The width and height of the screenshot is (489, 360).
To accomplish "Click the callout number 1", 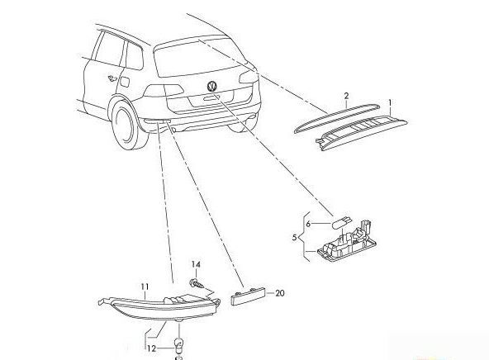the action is [x=390, y=103].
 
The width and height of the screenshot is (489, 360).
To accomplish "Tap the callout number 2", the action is [x=346, y=96].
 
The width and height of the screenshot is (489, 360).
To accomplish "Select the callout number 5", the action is [x=295, y=238].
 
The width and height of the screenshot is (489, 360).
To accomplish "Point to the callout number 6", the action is [x=308, y=224].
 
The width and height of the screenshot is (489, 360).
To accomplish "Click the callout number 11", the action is [x=145, y=287].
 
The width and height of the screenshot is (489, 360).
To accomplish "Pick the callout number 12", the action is [x=151, y=348].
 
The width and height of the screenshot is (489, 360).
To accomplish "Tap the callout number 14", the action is [x=196, y=264].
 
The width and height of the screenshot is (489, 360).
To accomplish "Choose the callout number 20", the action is [x=280, y=293].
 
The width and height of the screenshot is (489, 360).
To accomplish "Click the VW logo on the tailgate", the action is [x=212, y=86].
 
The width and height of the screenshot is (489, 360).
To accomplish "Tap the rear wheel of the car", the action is [x=128, y=126].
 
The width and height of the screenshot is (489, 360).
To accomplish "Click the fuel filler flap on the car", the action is [x=125, y=82].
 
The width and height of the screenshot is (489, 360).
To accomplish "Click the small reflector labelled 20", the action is [x=249, y=296].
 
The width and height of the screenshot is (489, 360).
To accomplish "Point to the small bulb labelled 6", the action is [x=341, y=223].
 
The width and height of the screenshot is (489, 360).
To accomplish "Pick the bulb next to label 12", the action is [x=178, y=345].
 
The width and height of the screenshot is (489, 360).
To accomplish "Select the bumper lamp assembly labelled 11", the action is [x=159, y=307].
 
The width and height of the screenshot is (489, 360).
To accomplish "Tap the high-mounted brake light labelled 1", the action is [x=362, y=132].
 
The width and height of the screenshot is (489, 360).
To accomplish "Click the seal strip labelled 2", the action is [x=337, y=118].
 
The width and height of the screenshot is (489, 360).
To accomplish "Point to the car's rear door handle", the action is [x=111, y=78].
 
